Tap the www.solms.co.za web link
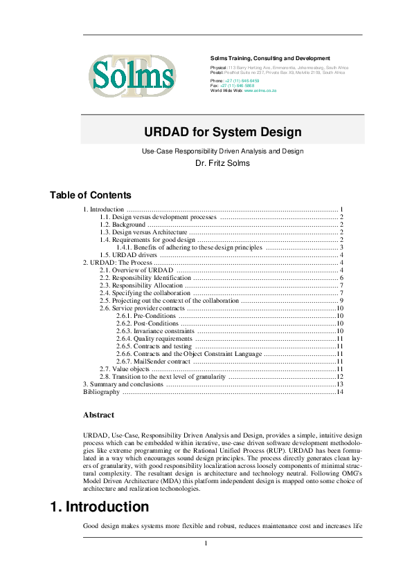pos(260,91)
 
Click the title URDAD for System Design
pos(222,131)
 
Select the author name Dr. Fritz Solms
pos(222,164)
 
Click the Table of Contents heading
pos(90,196)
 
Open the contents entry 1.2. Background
pos(123,225)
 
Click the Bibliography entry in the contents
pos(101,391)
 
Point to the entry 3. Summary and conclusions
pos(123,384)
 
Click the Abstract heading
pos(98,415)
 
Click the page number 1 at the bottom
pos(206,543)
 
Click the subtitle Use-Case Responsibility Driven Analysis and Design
pos(222,151)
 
